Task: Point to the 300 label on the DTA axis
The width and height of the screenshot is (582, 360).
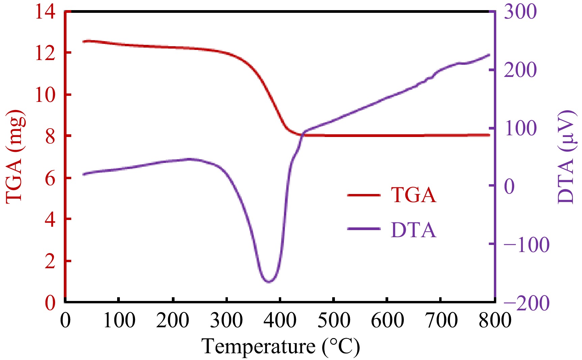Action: [x=520, y=12]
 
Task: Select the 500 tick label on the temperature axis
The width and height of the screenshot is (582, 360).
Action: [x=334, y=320]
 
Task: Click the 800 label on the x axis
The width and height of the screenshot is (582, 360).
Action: [x=495, y=320]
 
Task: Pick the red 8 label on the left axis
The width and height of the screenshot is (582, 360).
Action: [x=50, y=137]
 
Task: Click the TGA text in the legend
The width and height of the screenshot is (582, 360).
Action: [x=413, y=195]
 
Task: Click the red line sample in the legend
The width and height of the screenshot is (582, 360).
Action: [x=364, y=195]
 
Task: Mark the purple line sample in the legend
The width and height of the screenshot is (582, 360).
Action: [x=364, y=229]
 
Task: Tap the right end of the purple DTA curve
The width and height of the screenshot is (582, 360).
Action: [x=489, y=55]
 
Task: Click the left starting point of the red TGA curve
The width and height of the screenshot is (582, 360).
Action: [x=83, y=41]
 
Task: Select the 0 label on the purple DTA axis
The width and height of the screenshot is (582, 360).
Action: [x=509, y=186]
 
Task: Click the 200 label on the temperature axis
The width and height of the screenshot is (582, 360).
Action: [x=173, y=320]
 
